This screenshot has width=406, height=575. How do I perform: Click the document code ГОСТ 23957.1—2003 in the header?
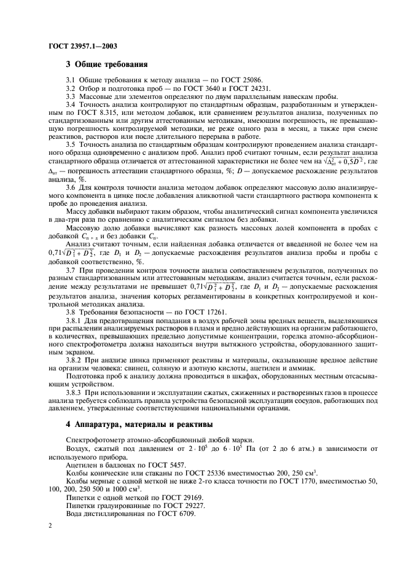click(x=83, y=45)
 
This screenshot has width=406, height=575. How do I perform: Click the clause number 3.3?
click(x=71, y=97)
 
